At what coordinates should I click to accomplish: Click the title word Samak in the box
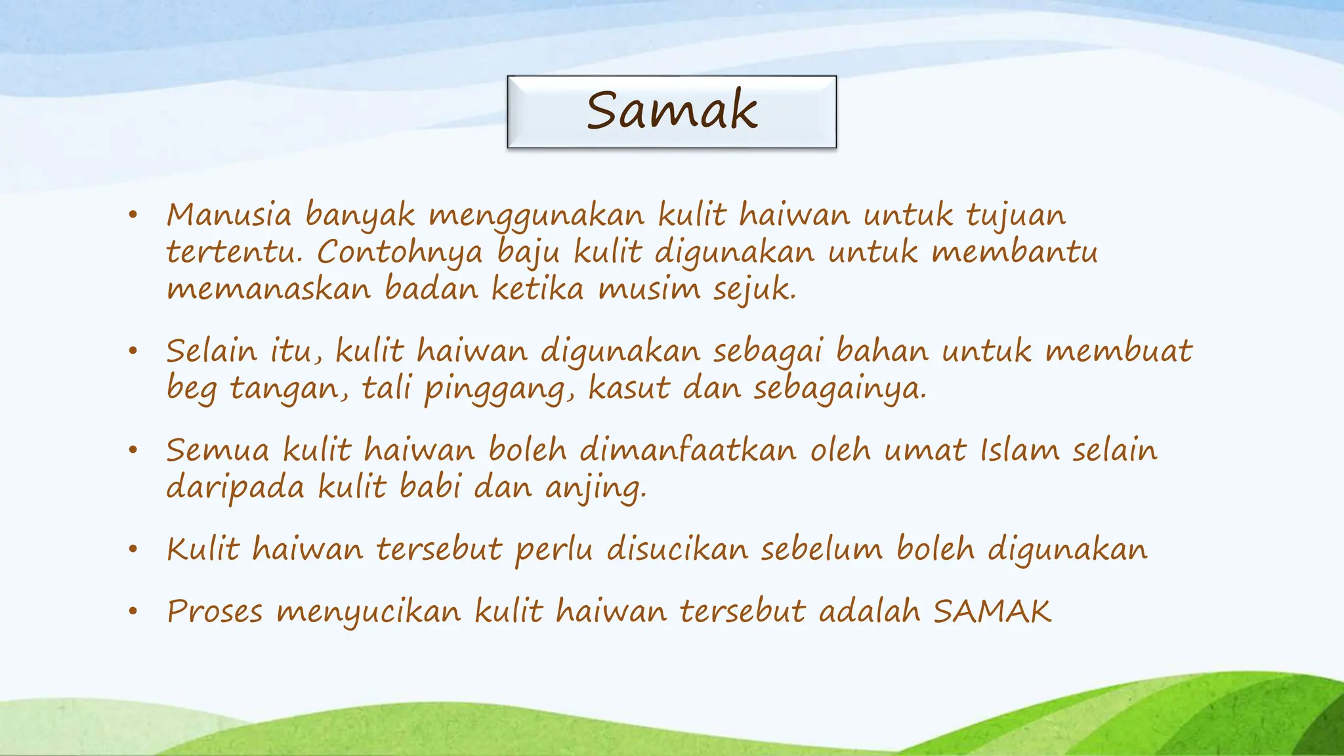click(671, 110)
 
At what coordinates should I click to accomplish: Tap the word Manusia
click(228, 215)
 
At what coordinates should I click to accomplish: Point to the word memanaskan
click(268, 289)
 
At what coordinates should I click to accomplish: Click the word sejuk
click(755, 289)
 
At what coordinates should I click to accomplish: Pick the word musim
click(649, 289)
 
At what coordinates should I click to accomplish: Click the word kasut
click(629, 388)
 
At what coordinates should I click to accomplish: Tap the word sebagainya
click(839, 389)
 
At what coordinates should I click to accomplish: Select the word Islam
click(1020, 450)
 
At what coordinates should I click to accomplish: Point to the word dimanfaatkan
click(688, 450)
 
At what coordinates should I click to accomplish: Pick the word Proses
click(215, 612)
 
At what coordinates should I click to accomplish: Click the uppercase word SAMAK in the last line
click(992, 612)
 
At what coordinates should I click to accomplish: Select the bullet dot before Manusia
click(133, 215)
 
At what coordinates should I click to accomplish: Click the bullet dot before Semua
click(133, 450)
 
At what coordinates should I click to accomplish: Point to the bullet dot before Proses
click(133, 612)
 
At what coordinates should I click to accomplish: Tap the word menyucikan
click(369, 612)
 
